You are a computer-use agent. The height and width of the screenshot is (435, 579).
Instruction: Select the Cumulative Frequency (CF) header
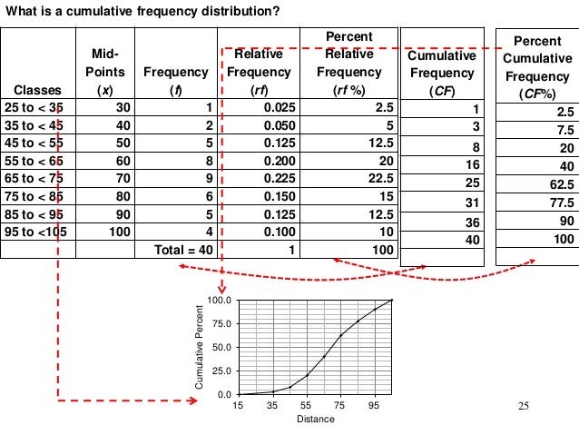(x=441, y=73)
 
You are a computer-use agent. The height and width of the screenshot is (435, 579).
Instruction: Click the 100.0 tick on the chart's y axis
(x=219, y=301)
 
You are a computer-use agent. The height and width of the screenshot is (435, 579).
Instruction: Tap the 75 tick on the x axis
(x=340, y=406)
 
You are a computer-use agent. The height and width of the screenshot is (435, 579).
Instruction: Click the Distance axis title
(x=315, y=419)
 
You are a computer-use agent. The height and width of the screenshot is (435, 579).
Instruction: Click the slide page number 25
(x=522, y=405)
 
